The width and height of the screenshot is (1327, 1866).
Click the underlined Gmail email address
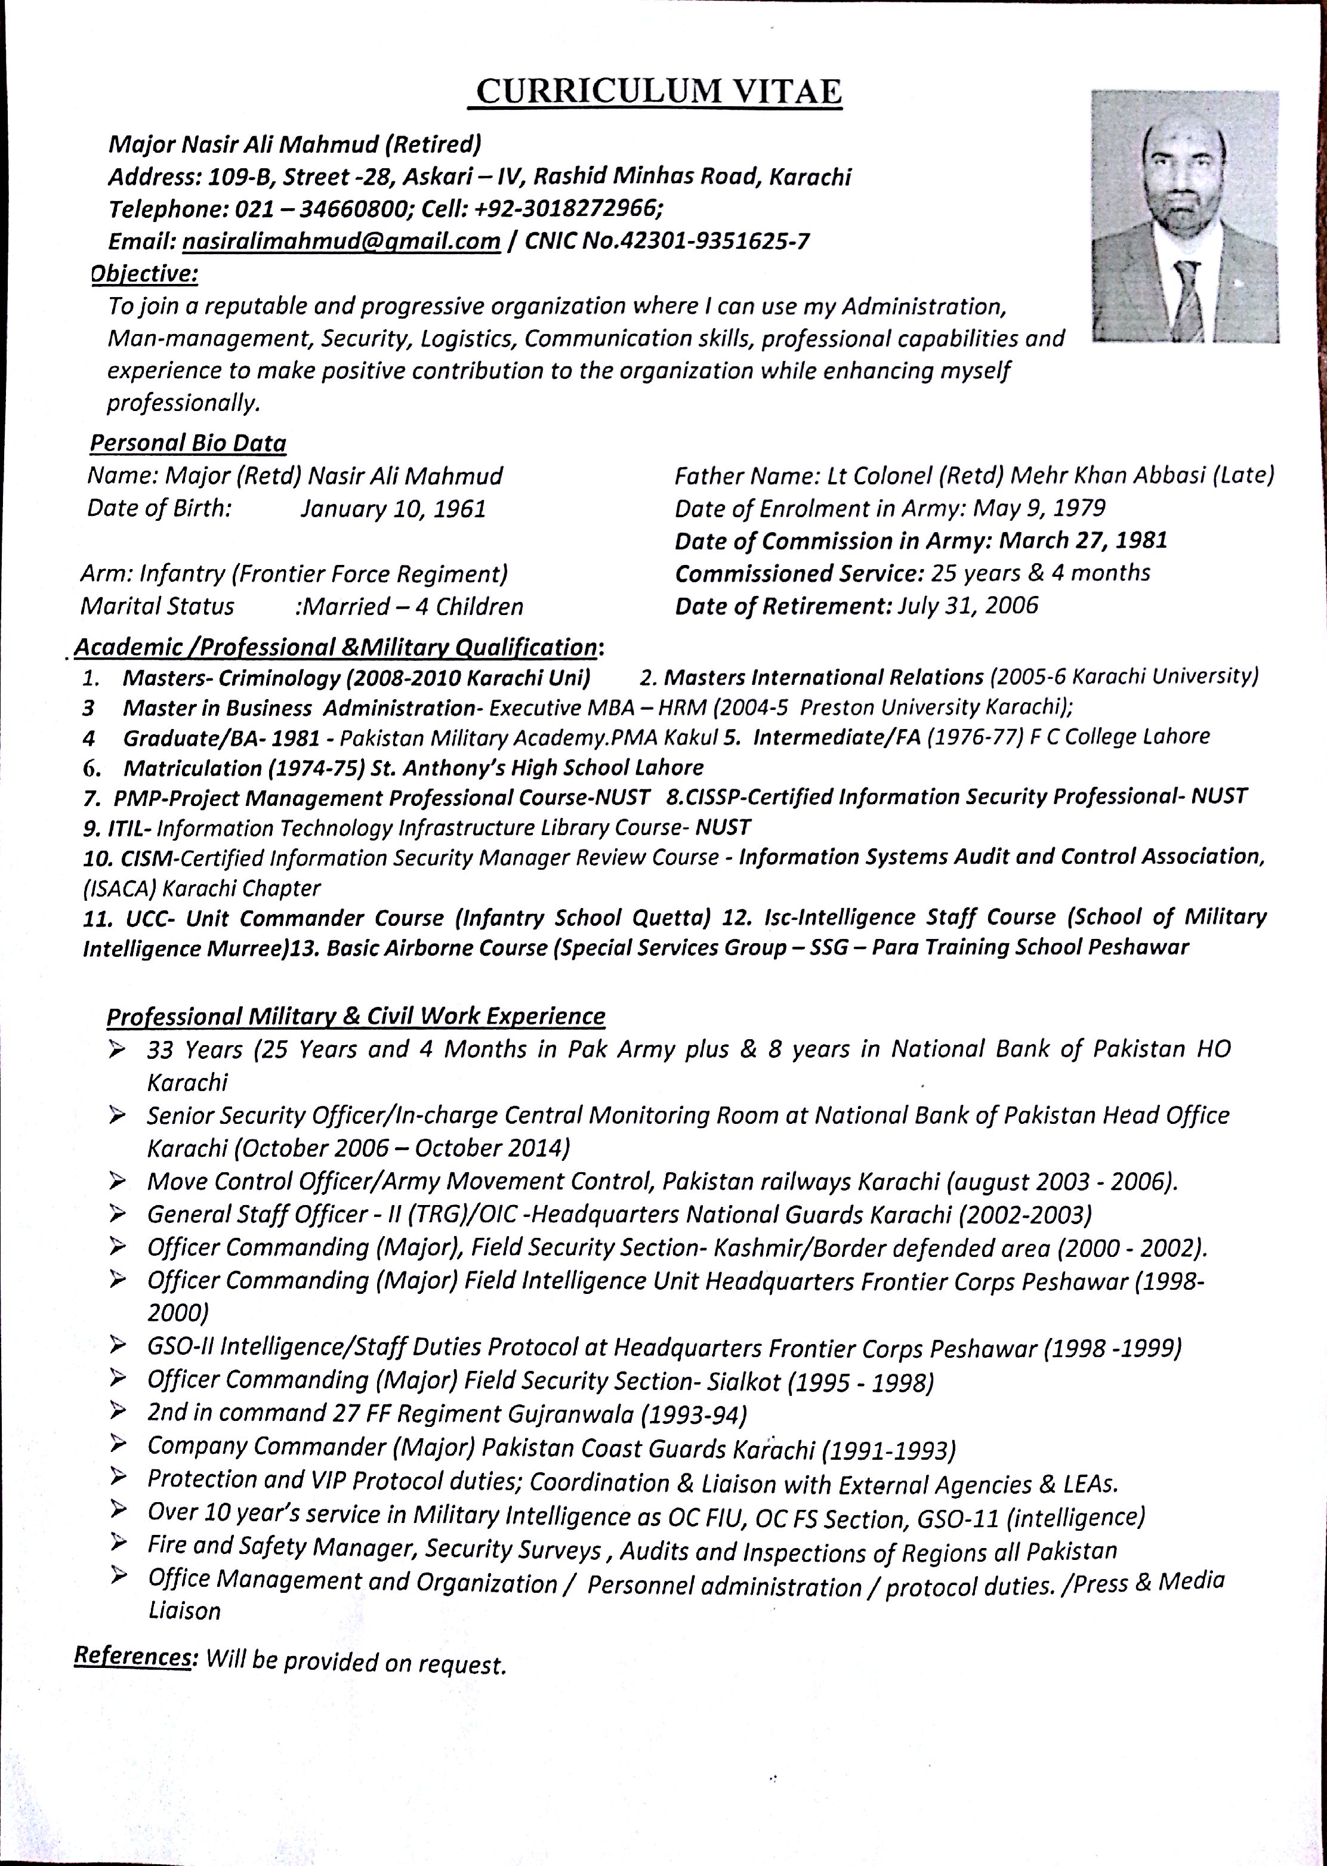click(341, 242)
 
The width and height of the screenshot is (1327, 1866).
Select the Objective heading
click(144, 274)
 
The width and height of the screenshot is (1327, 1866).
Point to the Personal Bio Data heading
click(188, 444)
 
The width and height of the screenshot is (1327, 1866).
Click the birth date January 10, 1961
click(393, 509)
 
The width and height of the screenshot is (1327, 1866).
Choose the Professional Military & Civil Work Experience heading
click(356, 1017)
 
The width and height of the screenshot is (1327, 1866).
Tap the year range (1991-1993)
click(888, 1450)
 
